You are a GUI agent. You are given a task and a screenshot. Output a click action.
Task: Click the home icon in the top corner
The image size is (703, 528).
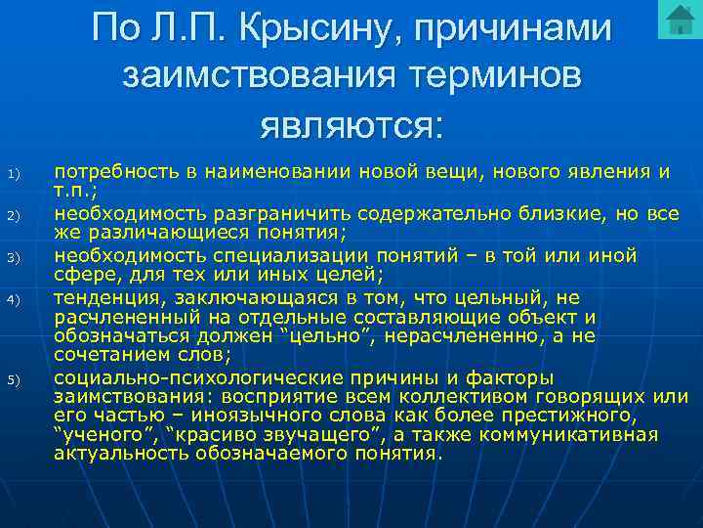click(x=677, y=20)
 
